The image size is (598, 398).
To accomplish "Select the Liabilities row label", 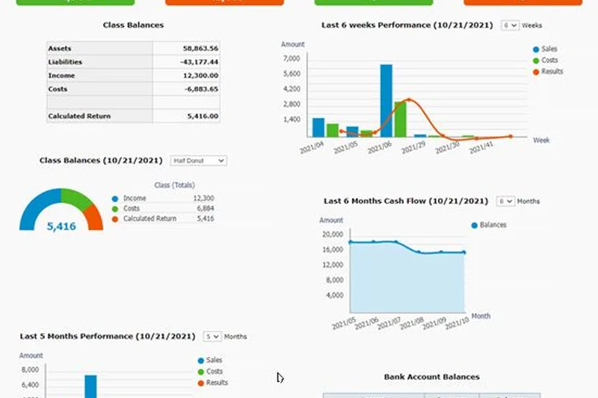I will click(65, 62).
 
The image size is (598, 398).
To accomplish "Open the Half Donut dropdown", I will click(197, 161).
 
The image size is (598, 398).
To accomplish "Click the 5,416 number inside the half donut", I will click(61, 226).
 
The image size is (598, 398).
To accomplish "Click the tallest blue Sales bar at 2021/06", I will click(386, 101).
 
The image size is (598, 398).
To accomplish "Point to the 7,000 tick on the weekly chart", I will click(292, 58).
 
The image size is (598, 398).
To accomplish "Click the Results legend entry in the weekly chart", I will click(552, 72).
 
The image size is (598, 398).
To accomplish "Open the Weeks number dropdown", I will click(510, 25).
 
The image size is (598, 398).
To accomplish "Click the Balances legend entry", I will click(493, 225).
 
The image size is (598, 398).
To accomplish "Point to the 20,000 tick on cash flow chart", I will click(332, 234).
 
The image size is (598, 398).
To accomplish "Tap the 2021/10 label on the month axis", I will click(457, 323).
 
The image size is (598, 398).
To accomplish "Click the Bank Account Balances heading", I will click(431, 377).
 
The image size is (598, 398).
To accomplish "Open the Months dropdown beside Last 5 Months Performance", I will click(212, 337).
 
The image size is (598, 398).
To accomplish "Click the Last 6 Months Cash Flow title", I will click(406, 201).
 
